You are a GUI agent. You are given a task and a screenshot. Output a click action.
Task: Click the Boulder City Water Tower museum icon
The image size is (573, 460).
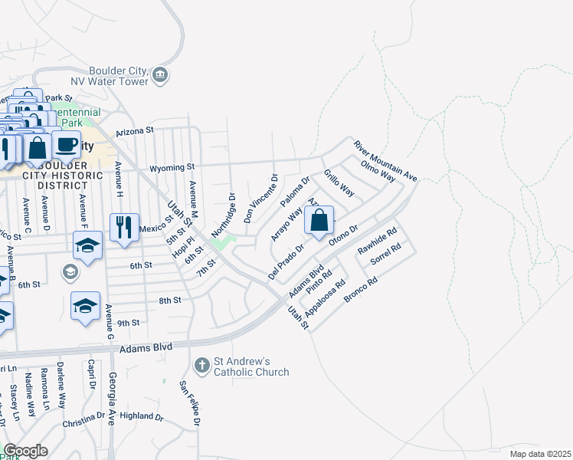[161, 74]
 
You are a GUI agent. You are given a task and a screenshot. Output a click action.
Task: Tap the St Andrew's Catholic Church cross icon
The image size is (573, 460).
[202, 363]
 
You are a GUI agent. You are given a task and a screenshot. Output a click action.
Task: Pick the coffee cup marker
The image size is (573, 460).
[66, 144]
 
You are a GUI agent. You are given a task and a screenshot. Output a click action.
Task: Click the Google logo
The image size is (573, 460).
[26, 450]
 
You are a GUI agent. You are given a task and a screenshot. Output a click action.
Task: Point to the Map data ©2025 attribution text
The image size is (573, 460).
[539, 454]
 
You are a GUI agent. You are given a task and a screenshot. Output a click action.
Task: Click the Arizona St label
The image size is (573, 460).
[135, 132]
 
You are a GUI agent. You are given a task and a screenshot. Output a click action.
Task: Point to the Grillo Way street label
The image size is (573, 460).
[339, 182]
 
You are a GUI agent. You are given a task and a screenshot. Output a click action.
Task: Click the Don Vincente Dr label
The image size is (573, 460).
[260, 199]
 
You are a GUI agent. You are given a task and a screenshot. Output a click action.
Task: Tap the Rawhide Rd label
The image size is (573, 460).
[377, 242]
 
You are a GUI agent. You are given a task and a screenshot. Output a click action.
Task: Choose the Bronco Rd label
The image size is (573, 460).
[362, 291]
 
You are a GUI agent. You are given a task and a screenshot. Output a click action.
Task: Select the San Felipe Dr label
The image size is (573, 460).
[189, 403]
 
